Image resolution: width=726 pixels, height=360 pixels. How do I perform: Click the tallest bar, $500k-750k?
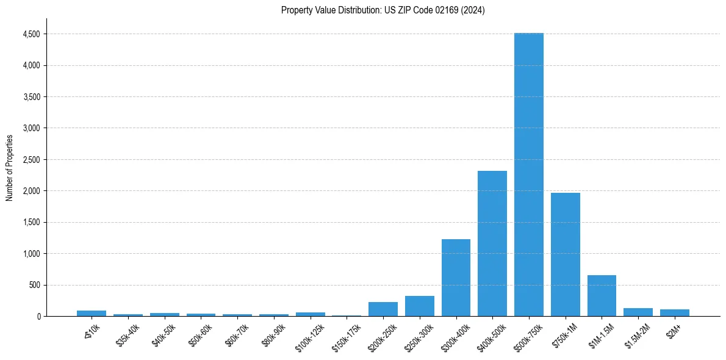coord(529,175)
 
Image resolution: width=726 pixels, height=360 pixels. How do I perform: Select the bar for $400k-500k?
coord(492,243)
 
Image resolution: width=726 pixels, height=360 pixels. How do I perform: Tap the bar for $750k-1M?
coord(566,254)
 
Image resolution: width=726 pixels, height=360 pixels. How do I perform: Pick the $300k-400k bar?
coord(456,278)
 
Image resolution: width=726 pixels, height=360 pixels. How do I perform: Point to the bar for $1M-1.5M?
coord(602,295)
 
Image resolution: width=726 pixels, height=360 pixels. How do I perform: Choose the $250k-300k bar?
coord(420,306)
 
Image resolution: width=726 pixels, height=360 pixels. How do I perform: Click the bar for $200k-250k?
coord(383,309)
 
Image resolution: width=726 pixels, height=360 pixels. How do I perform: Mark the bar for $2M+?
coord(675,313)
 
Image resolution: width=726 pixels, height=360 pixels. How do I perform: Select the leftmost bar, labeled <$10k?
coord(92,314)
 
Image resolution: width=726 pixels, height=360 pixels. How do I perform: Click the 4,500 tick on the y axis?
coord(32,34)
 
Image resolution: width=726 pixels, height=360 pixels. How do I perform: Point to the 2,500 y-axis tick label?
coord(32,160)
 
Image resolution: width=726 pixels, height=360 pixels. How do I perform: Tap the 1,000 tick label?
coord(32,254)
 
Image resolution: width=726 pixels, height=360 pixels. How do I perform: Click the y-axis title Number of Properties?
coord(10,167)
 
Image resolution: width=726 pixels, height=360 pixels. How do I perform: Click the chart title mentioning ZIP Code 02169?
coord(383,10)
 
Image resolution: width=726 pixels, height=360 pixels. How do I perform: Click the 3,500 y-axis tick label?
coord(32,97)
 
